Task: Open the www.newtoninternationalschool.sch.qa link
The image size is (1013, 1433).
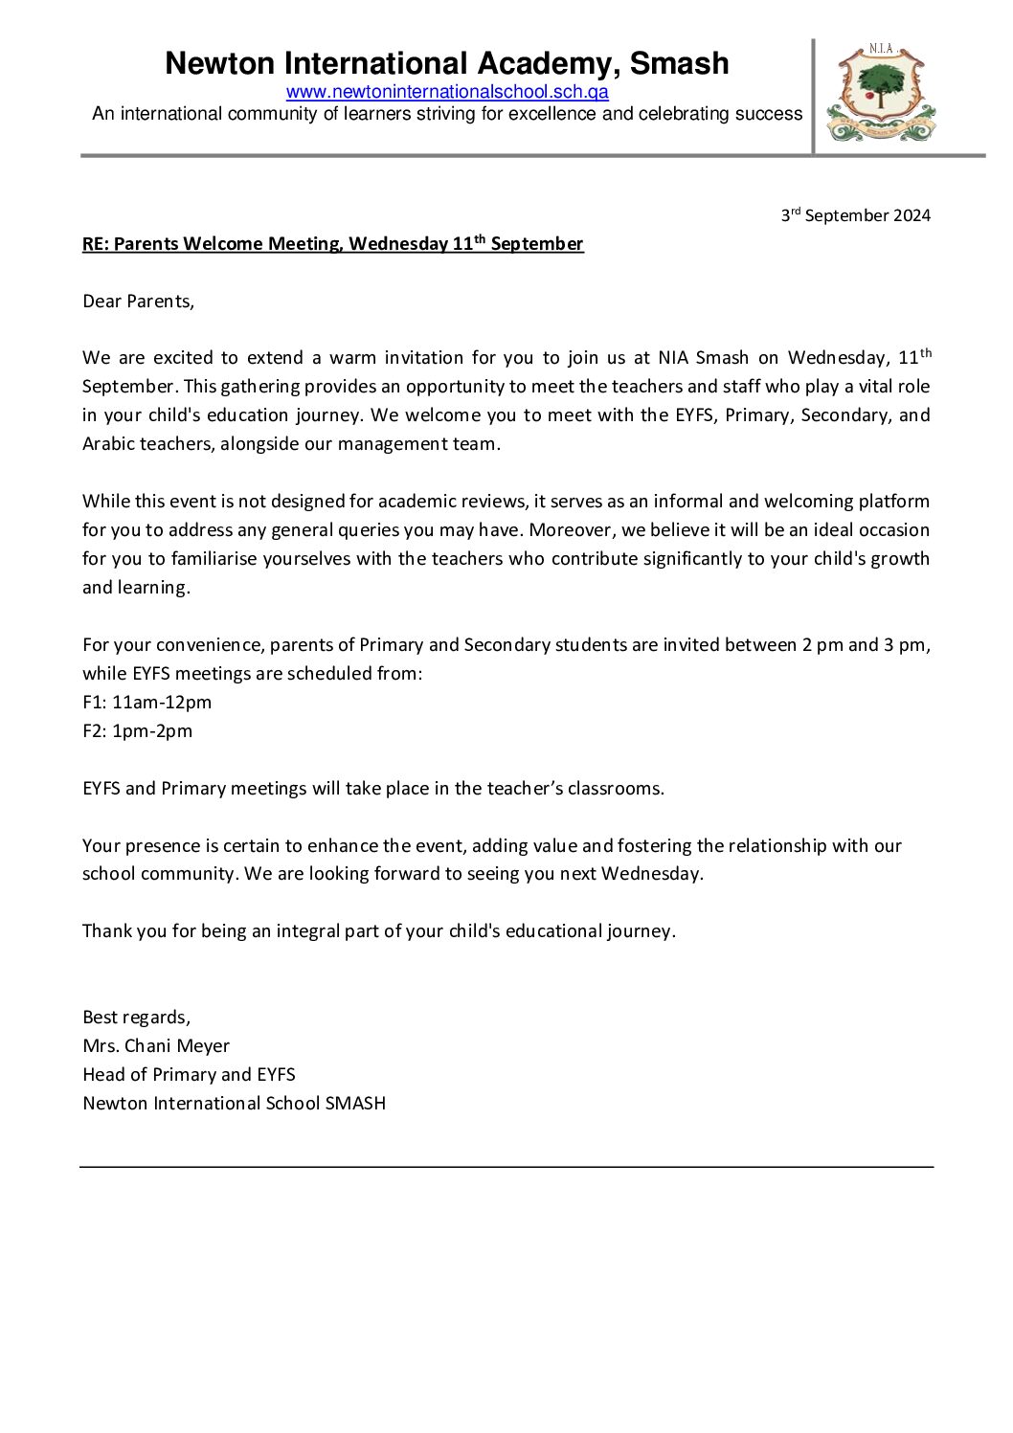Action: click(447, 93)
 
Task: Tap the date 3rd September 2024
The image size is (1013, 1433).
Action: click(855, 215)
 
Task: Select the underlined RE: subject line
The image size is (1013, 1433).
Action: click(332, 244)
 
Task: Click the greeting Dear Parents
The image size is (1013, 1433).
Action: click(138, 302)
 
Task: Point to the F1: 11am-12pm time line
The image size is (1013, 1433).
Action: click(146, 703)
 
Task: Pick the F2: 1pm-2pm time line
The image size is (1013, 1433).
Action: click(137, 731)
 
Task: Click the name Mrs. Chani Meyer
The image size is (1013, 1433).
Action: click(156, 1046)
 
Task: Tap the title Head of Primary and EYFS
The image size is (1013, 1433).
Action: click(189, 1075)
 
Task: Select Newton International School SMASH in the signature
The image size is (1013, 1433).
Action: click(234, 1104)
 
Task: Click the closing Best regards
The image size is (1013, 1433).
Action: click(136, 1018)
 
